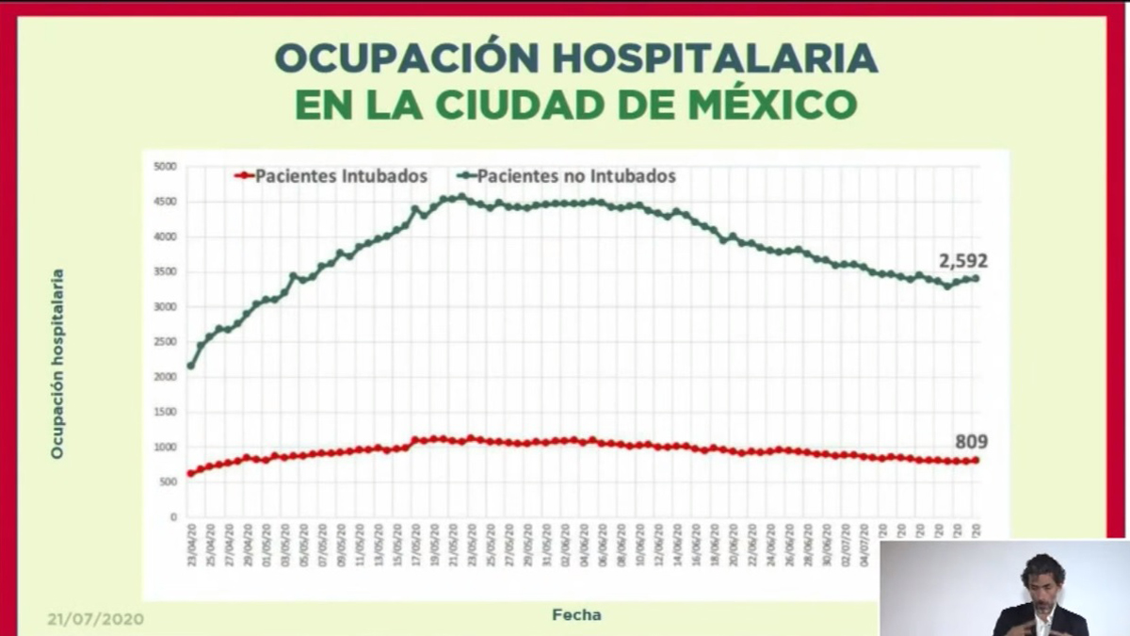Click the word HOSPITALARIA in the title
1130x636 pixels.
715,58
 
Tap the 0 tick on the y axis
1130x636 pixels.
173,517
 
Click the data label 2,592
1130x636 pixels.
962,261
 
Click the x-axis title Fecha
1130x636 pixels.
576,615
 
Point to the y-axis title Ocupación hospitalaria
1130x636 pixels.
57,364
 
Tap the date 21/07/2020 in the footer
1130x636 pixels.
95,620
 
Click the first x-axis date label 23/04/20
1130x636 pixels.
191,546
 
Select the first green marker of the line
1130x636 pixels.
191,366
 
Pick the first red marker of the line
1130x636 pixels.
191,474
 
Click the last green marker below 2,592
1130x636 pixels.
976,278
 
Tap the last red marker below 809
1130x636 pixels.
976,460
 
